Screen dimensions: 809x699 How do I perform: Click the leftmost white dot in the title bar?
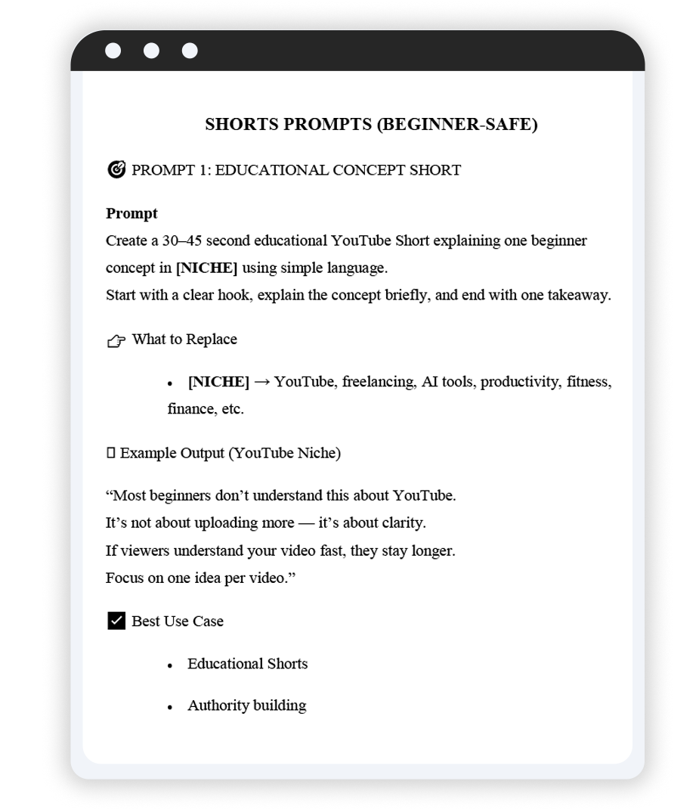(113, 51)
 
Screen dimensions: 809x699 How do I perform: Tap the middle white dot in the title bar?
(151, 51)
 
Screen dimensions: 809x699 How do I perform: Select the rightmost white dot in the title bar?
(190, 51)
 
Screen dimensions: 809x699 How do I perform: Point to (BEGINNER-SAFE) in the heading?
(457, 125)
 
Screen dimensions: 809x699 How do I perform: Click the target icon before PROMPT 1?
(116, 169)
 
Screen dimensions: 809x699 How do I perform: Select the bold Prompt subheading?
(131, 214)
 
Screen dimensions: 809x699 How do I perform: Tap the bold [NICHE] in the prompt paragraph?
(206, 268)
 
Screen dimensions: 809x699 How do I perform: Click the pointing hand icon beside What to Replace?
(116, 341)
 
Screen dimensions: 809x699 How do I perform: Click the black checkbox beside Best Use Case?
(116, 621)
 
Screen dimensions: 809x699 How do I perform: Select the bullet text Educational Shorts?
(247, 664)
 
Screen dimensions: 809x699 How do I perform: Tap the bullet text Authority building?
(246, 705)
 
